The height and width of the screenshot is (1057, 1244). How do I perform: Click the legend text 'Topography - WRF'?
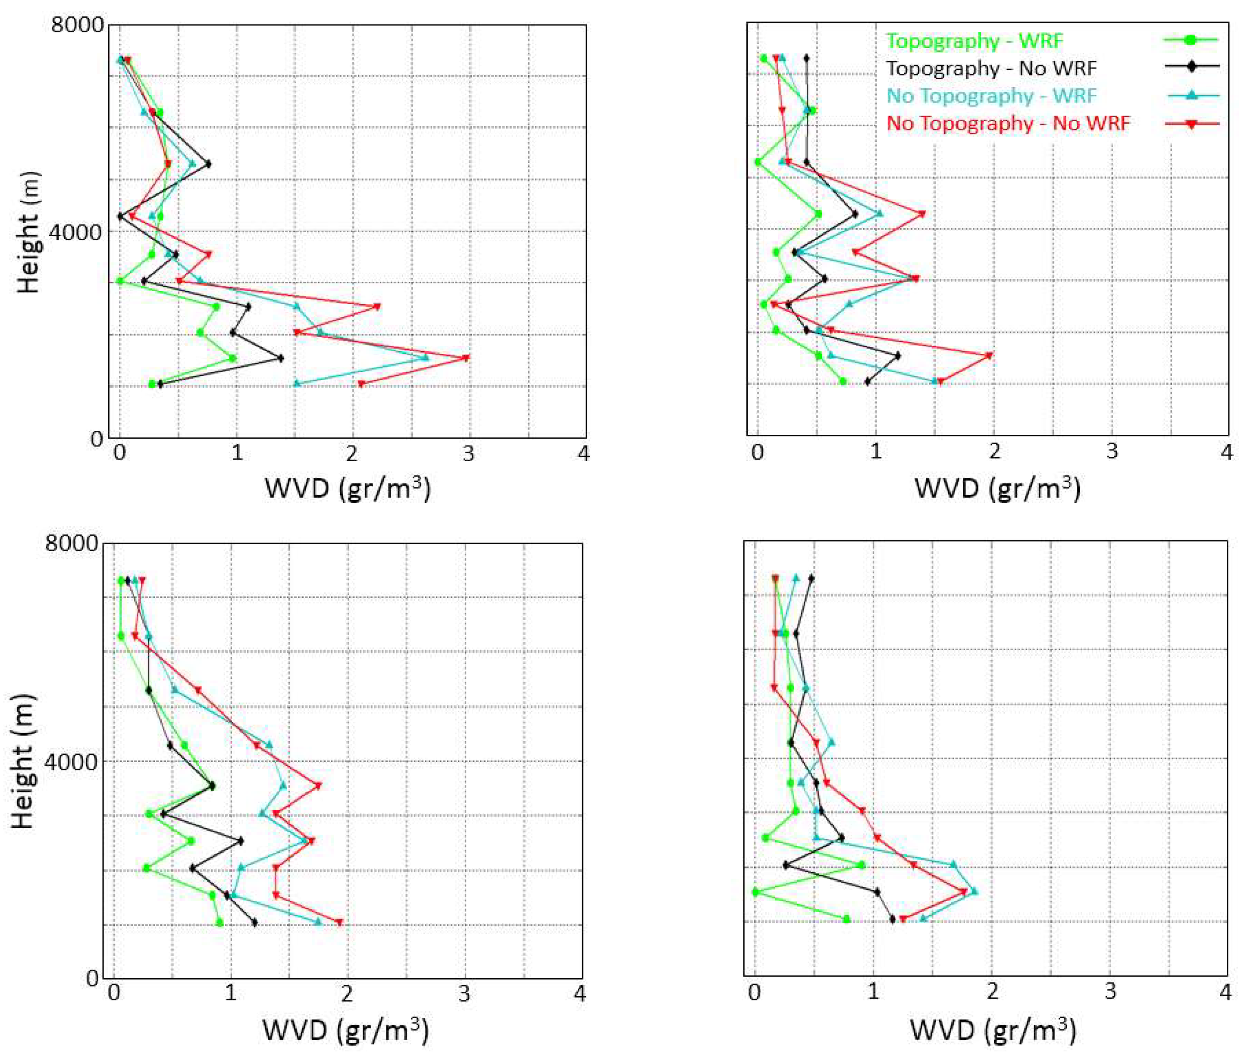(x=974, y=41)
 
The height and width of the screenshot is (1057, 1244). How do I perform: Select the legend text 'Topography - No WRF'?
(x=990, y=69)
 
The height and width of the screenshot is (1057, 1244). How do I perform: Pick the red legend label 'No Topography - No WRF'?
(x=1007, y=123)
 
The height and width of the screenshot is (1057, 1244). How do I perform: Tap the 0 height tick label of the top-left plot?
(x=96, y=439)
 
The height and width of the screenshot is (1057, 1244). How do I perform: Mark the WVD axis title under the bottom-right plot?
(x=992, y=1029)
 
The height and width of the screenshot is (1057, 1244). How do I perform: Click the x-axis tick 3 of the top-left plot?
(x=468, y=454)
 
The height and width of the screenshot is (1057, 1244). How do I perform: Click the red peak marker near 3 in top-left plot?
(x=466, y=359)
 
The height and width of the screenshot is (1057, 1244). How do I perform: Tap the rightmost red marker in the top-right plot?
(x=989, y=356)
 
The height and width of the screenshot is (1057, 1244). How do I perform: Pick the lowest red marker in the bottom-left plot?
(x=339, y=923)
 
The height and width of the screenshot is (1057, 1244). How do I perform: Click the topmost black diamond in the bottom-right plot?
(x=811, y=578)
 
